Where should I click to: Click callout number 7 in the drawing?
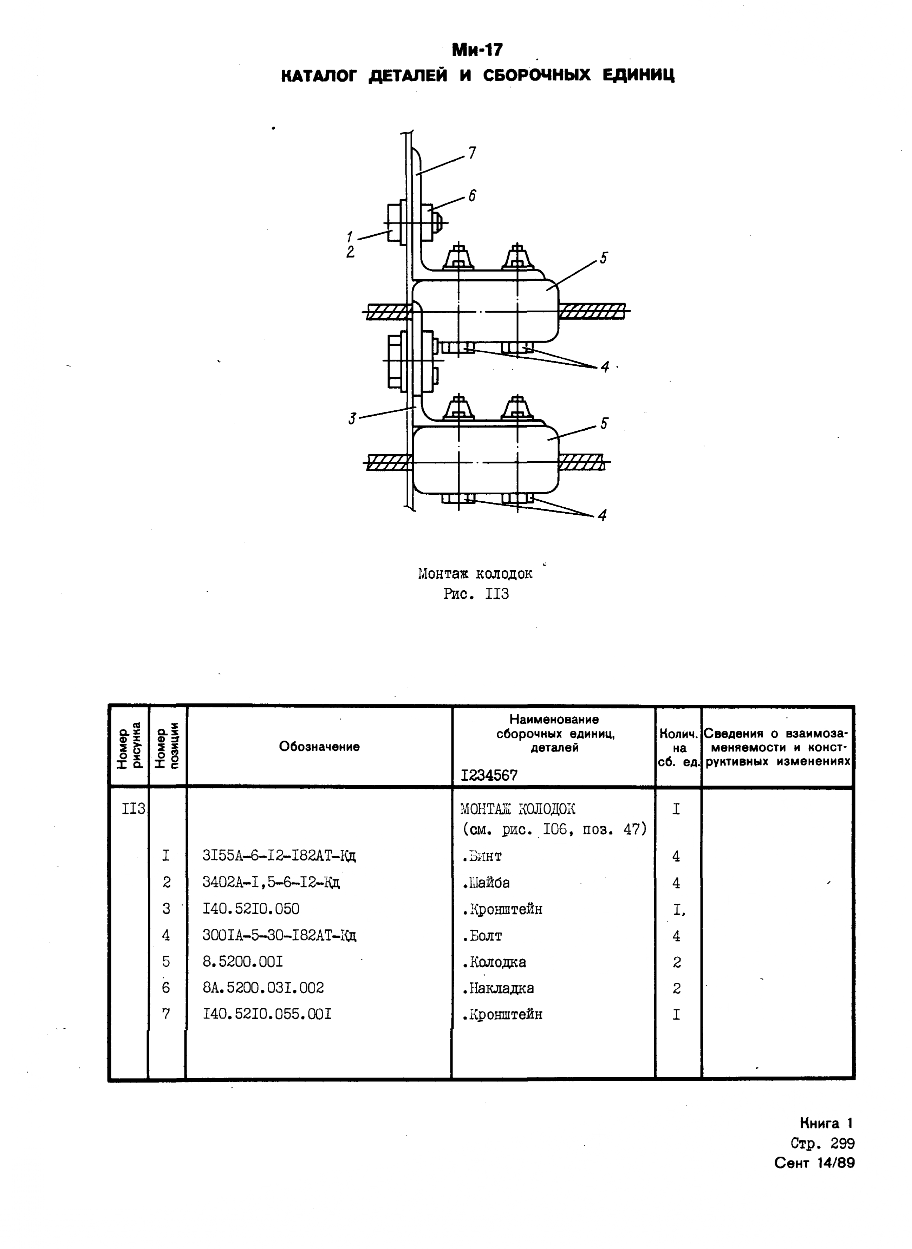click(472, 153)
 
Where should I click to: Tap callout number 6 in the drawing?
click(472, 195)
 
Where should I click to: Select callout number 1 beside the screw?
click(350, 237)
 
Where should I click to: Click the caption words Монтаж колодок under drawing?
click(475, 573)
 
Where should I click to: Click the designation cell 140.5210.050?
click(251, 908)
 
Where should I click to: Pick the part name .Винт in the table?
click(482, 856)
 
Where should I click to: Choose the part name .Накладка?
click(498, 988)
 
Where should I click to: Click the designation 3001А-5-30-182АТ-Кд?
click(279, 935)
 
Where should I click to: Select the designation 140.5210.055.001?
click(267, 1014)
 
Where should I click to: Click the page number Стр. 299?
click(822, 1143)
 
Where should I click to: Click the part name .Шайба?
click(486, 882)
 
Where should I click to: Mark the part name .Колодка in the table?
click(494, 962)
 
